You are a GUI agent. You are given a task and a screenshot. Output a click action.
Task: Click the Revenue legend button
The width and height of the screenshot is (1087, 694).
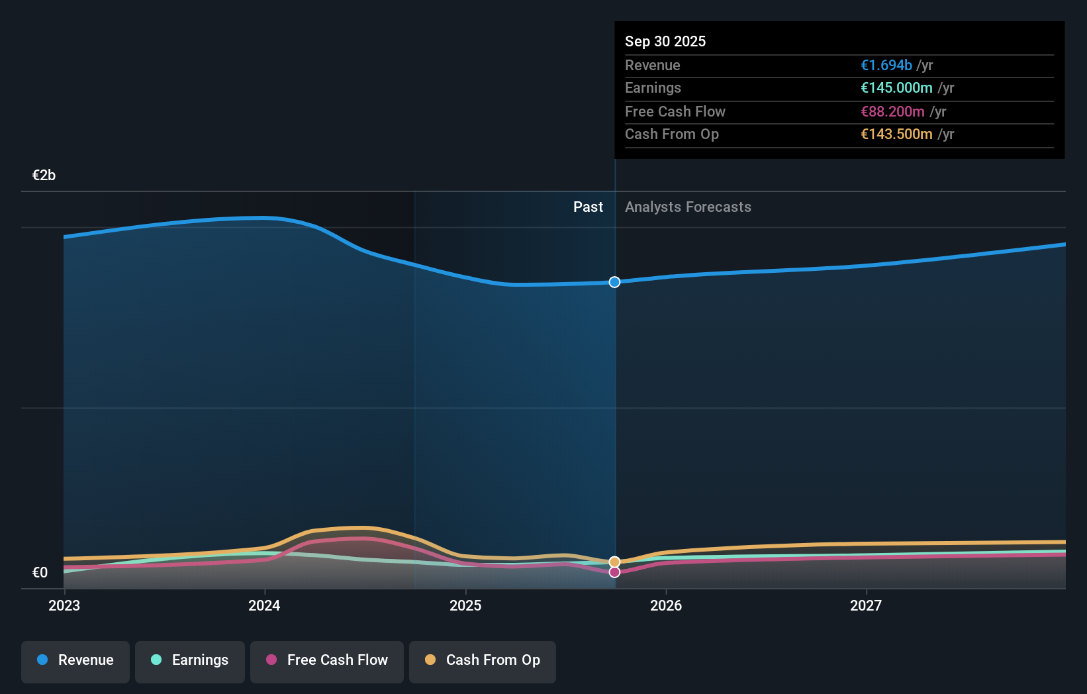[75, 661]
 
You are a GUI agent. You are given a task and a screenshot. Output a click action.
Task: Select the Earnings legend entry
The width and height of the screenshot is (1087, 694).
[190, 661]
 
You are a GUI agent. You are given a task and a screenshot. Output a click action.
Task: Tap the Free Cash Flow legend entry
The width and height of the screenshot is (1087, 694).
[327, 661]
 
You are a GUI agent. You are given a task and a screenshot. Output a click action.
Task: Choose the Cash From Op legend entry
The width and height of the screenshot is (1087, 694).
[483, 661]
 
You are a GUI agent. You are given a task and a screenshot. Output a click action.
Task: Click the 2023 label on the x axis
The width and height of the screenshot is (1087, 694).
[64, 606]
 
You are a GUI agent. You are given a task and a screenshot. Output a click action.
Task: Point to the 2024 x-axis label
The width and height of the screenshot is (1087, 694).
[264, 606]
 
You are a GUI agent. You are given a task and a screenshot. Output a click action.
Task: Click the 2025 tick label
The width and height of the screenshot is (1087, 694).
[465, 606]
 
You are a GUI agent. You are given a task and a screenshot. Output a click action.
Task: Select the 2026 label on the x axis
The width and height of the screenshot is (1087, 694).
[666, 606]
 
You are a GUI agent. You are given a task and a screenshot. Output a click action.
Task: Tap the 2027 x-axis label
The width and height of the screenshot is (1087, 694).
[866, 606]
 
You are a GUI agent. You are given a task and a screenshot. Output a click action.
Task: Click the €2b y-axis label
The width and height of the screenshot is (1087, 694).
[44, 175]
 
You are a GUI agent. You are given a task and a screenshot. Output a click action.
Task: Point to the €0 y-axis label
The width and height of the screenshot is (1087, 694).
[40, 573]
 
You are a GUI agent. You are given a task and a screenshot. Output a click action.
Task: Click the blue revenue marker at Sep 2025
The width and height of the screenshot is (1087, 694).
[614, 282]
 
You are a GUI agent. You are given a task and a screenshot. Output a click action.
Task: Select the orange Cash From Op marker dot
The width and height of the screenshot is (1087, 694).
[614, 562]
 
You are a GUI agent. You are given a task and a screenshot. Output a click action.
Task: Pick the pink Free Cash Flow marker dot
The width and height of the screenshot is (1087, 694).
[614, 572]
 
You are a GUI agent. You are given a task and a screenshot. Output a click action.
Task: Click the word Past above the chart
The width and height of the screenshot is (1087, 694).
[588, 207]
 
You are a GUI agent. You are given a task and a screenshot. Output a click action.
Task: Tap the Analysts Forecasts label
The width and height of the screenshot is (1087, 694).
[688, 207]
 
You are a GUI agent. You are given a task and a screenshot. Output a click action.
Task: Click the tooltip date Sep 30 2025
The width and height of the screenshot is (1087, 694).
[665, 42]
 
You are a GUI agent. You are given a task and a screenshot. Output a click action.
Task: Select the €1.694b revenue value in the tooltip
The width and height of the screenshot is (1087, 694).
[886, 66]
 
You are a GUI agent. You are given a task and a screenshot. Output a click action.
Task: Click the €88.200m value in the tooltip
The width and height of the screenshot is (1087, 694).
[892, 112]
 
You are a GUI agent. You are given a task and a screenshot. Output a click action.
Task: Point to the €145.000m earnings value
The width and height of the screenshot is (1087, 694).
[896, 88]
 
